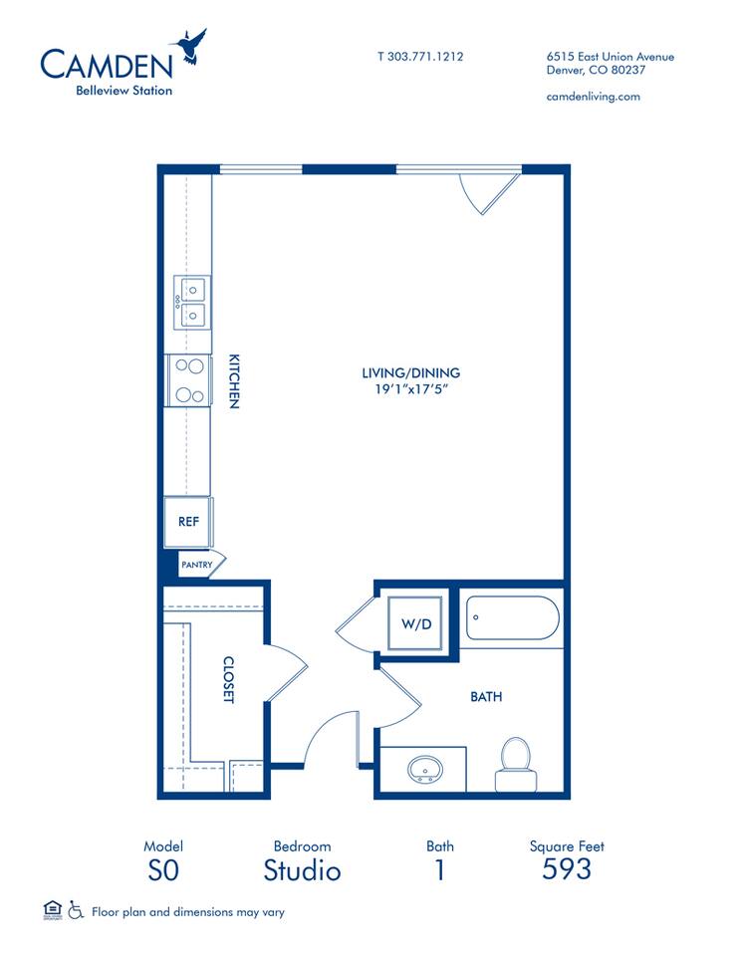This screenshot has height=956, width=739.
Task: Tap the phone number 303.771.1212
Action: (419, 57)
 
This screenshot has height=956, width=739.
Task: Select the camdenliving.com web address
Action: (594, 97)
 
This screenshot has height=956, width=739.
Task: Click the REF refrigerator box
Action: (188, 521)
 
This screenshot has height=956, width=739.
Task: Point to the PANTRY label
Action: (196, 565)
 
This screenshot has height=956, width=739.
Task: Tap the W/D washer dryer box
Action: (416, 624)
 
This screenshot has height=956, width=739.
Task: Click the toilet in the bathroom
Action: (515, 762)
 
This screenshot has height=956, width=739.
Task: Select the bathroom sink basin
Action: (426, 769)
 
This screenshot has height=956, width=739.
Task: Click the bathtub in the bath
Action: (511, 617)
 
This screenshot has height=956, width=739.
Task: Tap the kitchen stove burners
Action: (189, 379)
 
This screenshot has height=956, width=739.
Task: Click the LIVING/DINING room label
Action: (410, 373)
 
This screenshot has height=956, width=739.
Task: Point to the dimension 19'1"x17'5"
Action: (410, 389)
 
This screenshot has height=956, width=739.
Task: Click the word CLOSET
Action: (228, 679)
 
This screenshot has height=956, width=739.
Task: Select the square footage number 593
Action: (567, 869)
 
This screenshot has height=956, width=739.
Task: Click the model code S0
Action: (162, 870)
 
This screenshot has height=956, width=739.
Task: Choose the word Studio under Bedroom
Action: (302, 871)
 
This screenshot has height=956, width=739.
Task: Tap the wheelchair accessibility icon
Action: (76, 910)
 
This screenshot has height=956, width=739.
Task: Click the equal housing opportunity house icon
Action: (52, 909)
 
